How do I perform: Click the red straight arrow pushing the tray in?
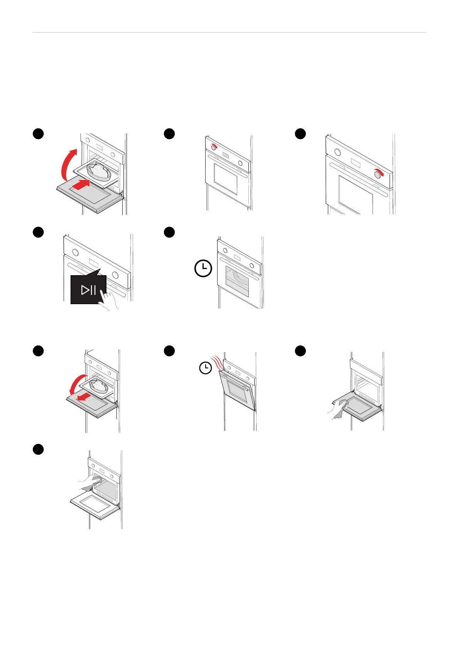tap(82, 184)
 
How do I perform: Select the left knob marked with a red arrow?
tap(214, 147)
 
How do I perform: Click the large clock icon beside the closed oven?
tap(203, 268)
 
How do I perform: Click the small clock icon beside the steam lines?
tap(206, 368)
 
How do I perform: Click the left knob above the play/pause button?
tap(76, 252)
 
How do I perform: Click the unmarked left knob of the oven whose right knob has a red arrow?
tap(338, 152)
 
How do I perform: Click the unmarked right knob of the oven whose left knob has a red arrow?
tap(240, 163)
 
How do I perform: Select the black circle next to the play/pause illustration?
tap(38, 232)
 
